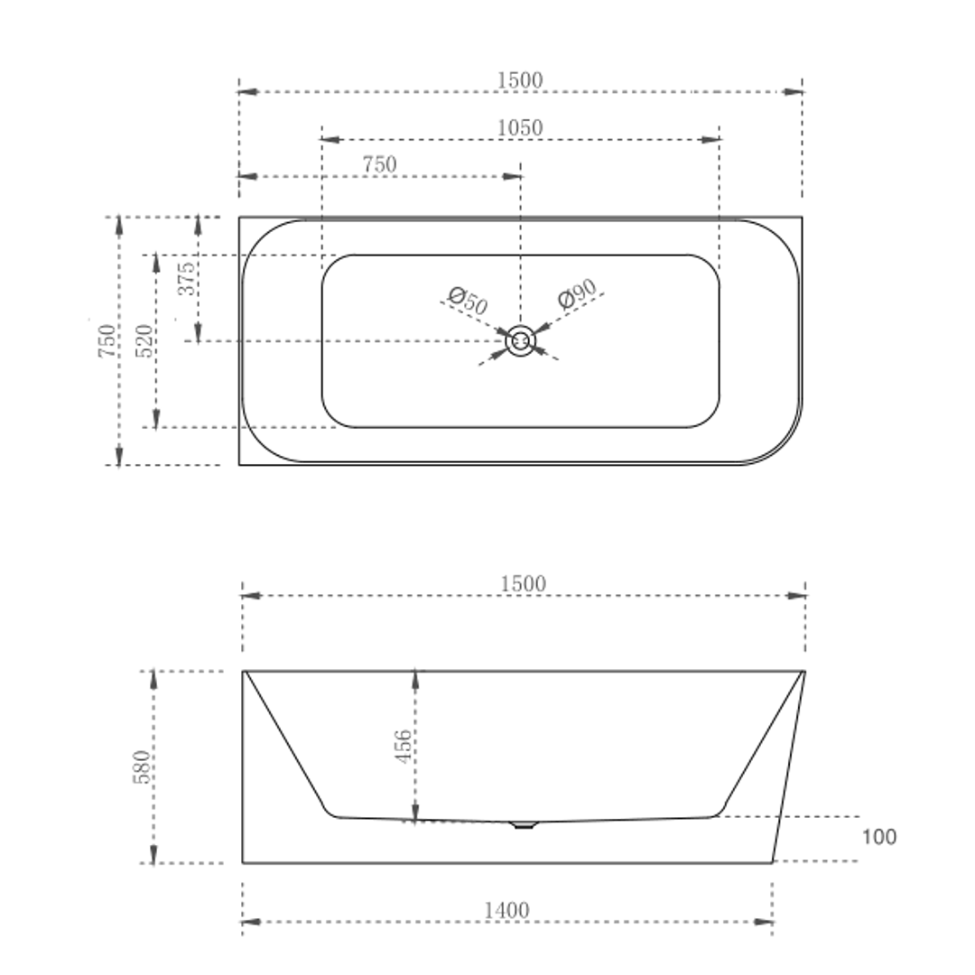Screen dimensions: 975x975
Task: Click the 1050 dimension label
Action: pyautogui.click(x=521, y=128)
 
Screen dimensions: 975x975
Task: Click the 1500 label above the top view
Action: pyautogui.click(x=521, y=80)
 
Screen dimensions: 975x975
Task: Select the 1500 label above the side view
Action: pyautogui.click(x=524, y=584)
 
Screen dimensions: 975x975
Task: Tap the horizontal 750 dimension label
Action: pyautogui.click(x=379, y=165)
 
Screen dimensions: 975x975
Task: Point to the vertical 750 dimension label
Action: pyautogui.click(x=107, y=340)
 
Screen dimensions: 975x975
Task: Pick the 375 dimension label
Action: pyautogui.click(x=186, y=279)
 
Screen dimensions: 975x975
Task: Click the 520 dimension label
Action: pyautogui.click(x=144, y=340)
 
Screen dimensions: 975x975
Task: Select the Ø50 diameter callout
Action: pyautogui.click(x=468, y=300)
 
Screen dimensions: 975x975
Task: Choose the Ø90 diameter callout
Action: pyautogui.click(x=577, y=293)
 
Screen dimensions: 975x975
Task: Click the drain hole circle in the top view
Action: pyautogui.click(x=521, y=341)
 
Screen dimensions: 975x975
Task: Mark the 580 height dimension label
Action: pyautogui.click(x=143, y=766)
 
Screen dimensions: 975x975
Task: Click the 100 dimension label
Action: pyautogui.click(x=878, y=837)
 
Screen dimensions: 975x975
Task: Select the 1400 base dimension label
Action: pyautogui.click(x=506, y=911)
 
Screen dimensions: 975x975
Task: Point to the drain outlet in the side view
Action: pyautogui.click(x=524, y=824)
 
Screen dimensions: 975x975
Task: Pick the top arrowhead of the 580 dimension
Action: pyautogui.click(x=153, y=680)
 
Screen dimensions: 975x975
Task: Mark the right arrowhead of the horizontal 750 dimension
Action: pyautogui.click(x=512, y=176)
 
